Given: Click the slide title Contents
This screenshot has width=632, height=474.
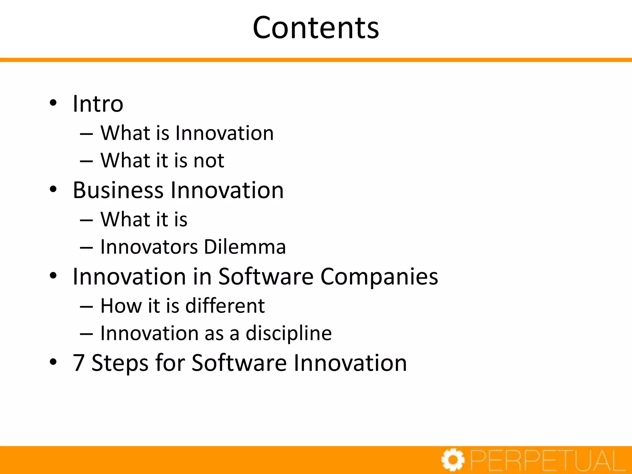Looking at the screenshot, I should pyautogui.click(x=316, y=28).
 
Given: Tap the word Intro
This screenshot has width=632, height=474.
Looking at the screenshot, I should pyautogui.click(x=98, y=104).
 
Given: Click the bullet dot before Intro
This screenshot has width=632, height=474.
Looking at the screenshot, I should pyautogui.click(x=53, y=103).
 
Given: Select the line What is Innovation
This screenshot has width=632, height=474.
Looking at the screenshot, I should pyautogui.click(x=187, y=133).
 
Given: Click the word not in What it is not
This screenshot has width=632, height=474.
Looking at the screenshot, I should pyautogui.click(x=209, y=161).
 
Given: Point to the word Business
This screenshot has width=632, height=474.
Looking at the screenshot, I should pyautogui.click(x=118, y=190).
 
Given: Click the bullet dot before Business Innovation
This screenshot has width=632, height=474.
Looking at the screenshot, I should pyautogui.click(x=53, y=189).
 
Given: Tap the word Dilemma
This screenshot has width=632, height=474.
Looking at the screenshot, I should pyautogui.click(x=245, y=247).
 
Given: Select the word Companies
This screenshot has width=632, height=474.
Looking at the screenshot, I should pyautogui.click(x=379, y=276).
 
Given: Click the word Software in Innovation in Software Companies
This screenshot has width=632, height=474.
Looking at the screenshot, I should pyautogui.click(x=266, y=276).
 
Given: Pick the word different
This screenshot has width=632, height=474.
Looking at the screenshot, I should pyautogui.click(x=225, y=306).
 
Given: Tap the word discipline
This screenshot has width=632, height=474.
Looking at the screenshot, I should pyautogui.click(x=289, y=334).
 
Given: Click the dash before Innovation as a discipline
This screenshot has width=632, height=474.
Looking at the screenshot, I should pyautogui.click(x=86, y=334).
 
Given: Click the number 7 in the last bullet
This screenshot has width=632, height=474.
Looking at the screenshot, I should pyautogui.click(x=79, y=363).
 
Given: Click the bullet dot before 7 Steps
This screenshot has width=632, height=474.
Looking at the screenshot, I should pyautogui.click(x=53, y=362).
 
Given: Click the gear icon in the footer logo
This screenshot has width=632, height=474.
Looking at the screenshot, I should pyautogui.click(x=453, y=460).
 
